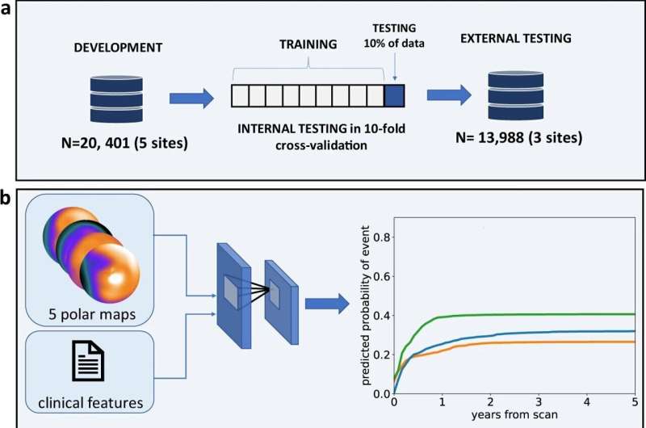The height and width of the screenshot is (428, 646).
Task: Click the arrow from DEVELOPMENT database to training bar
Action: pyautogui.click(x=191, y=99)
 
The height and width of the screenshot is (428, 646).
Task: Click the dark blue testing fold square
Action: pyautogui.click(x=394, y=96)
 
